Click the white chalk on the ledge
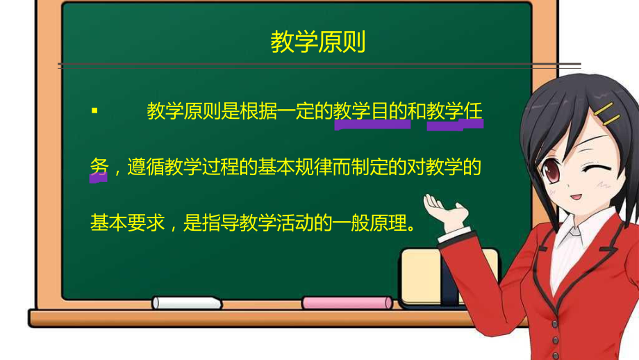[187, 302]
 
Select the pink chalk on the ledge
[347, 302]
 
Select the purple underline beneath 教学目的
[372, 127]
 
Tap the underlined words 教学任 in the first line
[455, 111]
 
